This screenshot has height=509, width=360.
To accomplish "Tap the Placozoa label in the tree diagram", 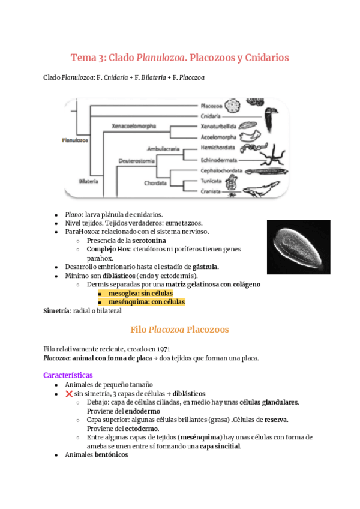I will (212, 104).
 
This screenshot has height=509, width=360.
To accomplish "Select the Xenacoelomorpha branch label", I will (134, 126).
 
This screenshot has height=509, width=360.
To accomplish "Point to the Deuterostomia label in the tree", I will (136, 161).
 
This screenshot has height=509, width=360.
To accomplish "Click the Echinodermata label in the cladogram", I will (220, 160).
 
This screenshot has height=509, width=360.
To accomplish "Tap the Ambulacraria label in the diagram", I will (164, 148).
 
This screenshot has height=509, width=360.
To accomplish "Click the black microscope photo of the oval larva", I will (298, 245).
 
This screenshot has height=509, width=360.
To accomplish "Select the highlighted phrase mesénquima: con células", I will (146, 302).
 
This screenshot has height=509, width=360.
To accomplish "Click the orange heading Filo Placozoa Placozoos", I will (179, 329).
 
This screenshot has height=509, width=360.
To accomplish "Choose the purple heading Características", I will (67, 375).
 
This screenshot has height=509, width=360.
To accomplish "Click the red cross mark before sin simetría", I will (68, 394).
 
